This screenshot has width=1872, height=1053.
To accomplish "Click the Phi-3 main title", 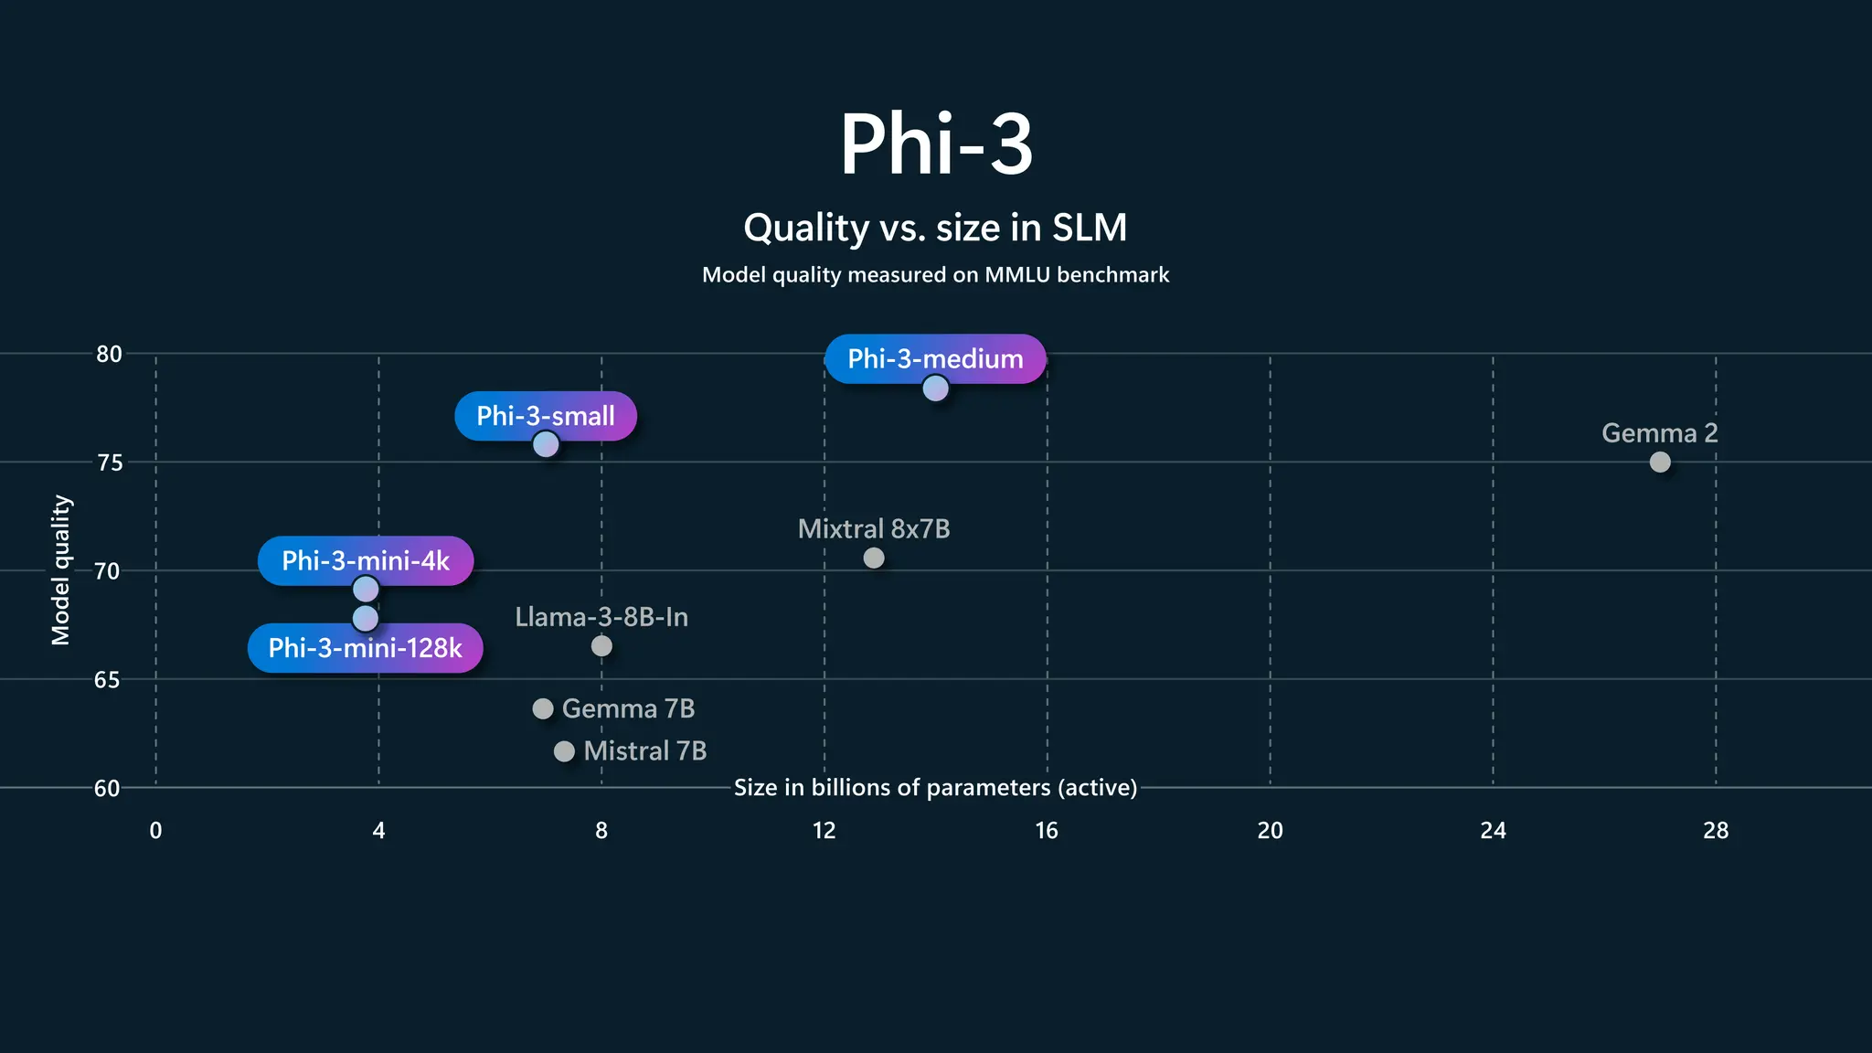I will click(936, 144).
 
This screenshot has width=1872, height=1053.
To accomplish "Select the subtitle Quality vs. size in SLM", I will click(935, 228).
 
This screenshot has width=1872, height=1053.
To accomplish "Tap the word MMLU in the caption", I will click(1016, 275).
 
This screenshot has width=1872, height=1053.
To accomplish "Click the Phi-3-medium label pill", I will click(935, 358).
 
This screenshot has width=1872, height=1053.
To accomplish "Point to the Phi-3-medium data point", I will click(935, 388).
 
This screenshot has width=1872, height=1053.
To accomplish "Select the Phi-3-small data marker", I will click(546, 444).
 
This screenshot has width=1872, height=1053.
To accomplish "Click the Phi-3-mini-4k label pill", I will click(366, 560).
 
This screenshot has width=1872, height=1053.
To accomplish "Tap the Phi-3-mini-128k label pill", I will click(365, 648).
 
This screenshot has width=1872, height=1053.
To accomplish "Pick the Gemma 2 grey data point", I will click(1660, 463).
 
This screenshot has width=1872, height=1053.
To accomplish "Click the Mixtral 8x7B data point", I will click(874, 558).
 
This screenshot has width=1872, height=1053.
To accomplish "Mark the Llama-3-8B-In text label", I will click(601, 617).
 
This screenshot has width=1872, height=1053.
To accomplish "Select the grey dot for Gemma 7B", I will click(543, 708).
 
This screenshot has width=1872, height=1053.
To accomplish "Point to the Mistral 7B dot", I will click(564, 751).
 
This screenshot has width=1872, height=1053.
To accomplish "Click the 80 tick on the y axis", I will click(109, 354).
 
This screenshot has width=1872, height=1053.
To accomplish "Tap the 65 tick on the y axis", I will click(107, 679).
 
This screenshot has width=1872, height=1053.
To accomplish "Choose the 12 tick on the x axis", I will click(824, 830).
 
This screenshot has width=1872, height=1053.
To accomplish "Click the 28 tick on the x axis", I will click(1716, 830).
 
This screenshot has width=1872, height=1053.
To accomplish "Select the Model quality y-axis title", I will click(60, 569).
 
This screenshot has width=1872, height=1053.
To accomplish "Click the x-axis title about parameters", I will click(935, 787).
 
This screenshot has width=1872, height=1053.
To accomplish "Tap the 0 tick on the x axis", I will click(155, 830).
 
